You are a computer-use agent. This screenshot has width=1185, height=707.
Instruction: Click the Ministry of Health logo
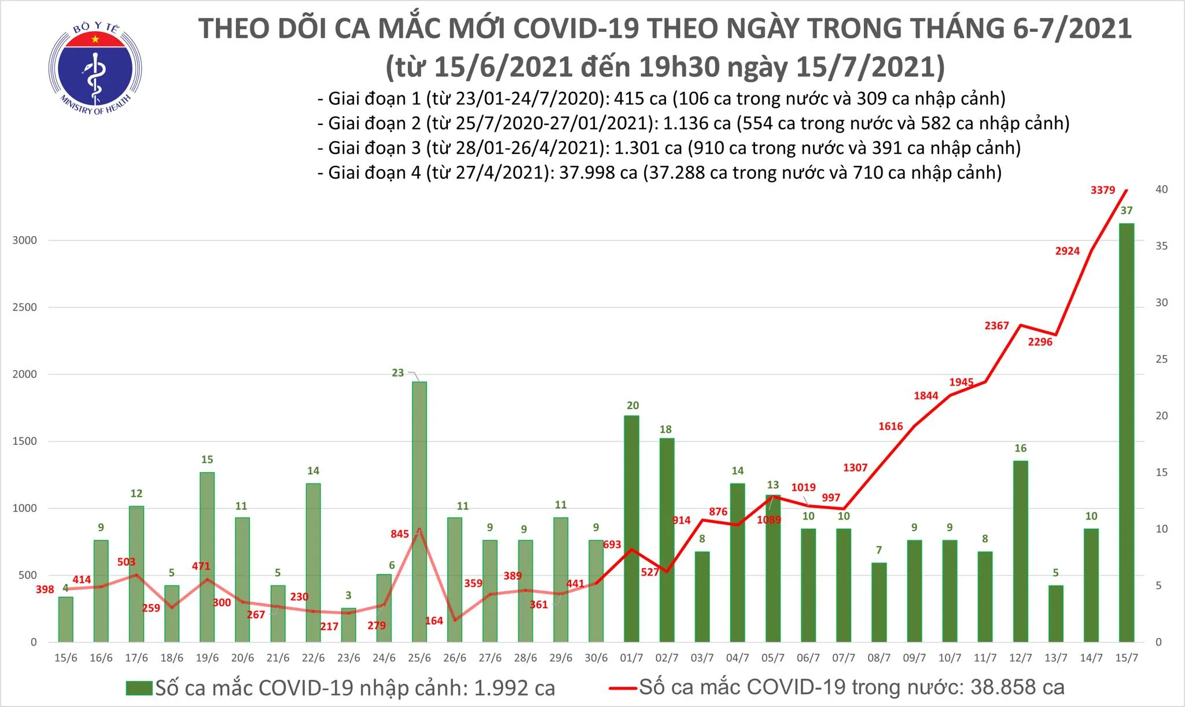[x=95, y=68]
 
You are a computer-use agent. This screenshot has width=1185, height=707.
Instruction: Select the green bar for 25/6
[x=419, y=511]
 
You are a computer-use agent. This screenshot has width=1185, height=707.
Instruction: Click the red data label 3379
[x=1102, y=190]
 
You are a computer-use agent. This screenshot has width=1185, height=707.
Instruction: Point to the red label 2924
[x=1067, y=251]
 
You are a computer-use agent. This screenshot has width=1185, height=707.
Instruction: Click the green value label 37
[x=1126, y=211]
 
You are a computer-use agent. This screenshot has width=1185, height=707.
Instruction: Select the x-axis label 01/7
[x=631, y=658]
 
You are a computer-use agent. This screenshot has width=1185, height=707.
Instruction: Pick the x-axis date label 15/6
[x=65, y=658]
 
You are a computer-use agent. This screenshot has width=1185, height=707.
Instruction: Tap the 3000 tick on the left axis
[x=24, y=240]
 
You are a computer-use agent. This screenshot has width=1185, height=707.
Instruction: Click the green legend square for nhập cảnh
[x=139, y=688]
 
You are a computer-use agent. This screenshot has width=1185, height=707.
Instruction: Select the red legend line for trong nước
[x=623, y=688]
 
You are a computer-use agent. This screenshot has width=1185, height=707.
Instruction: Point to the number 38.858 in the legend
[x=1002, y=687]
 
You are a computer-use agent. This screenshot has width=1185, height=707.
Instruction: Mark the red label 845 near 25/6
[x=400, y=534]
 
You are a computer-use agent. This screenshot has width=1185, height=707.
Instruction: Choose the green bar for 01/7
[x=631, y=529]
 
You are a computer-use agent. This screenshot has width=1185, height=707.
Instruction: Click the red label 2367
[x=996, y=326]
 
